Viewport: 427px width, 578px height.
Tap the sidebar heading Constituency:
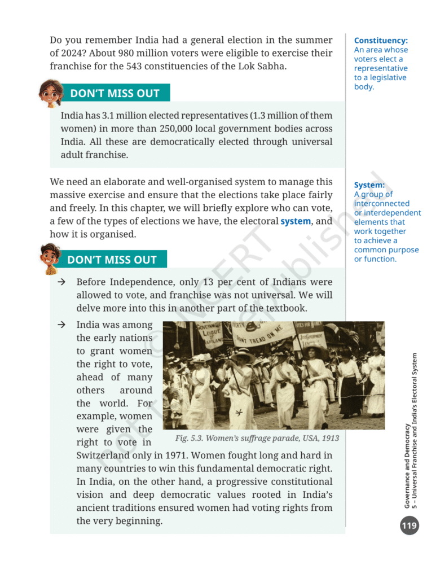(x=381, y=41)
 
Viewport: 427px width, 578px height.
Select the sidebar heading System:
(x=369, y=185)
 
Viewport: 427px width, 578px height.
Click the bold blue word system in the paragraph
(x=296, y=221)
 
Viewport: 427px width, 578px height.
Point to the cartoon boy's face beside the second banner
(x=50, y=257)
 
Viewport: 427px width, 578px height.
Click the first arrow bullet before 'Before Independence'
(x=61, y=282)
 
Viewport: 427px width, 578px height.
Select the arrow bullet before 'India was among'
(x=61, y=325)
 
